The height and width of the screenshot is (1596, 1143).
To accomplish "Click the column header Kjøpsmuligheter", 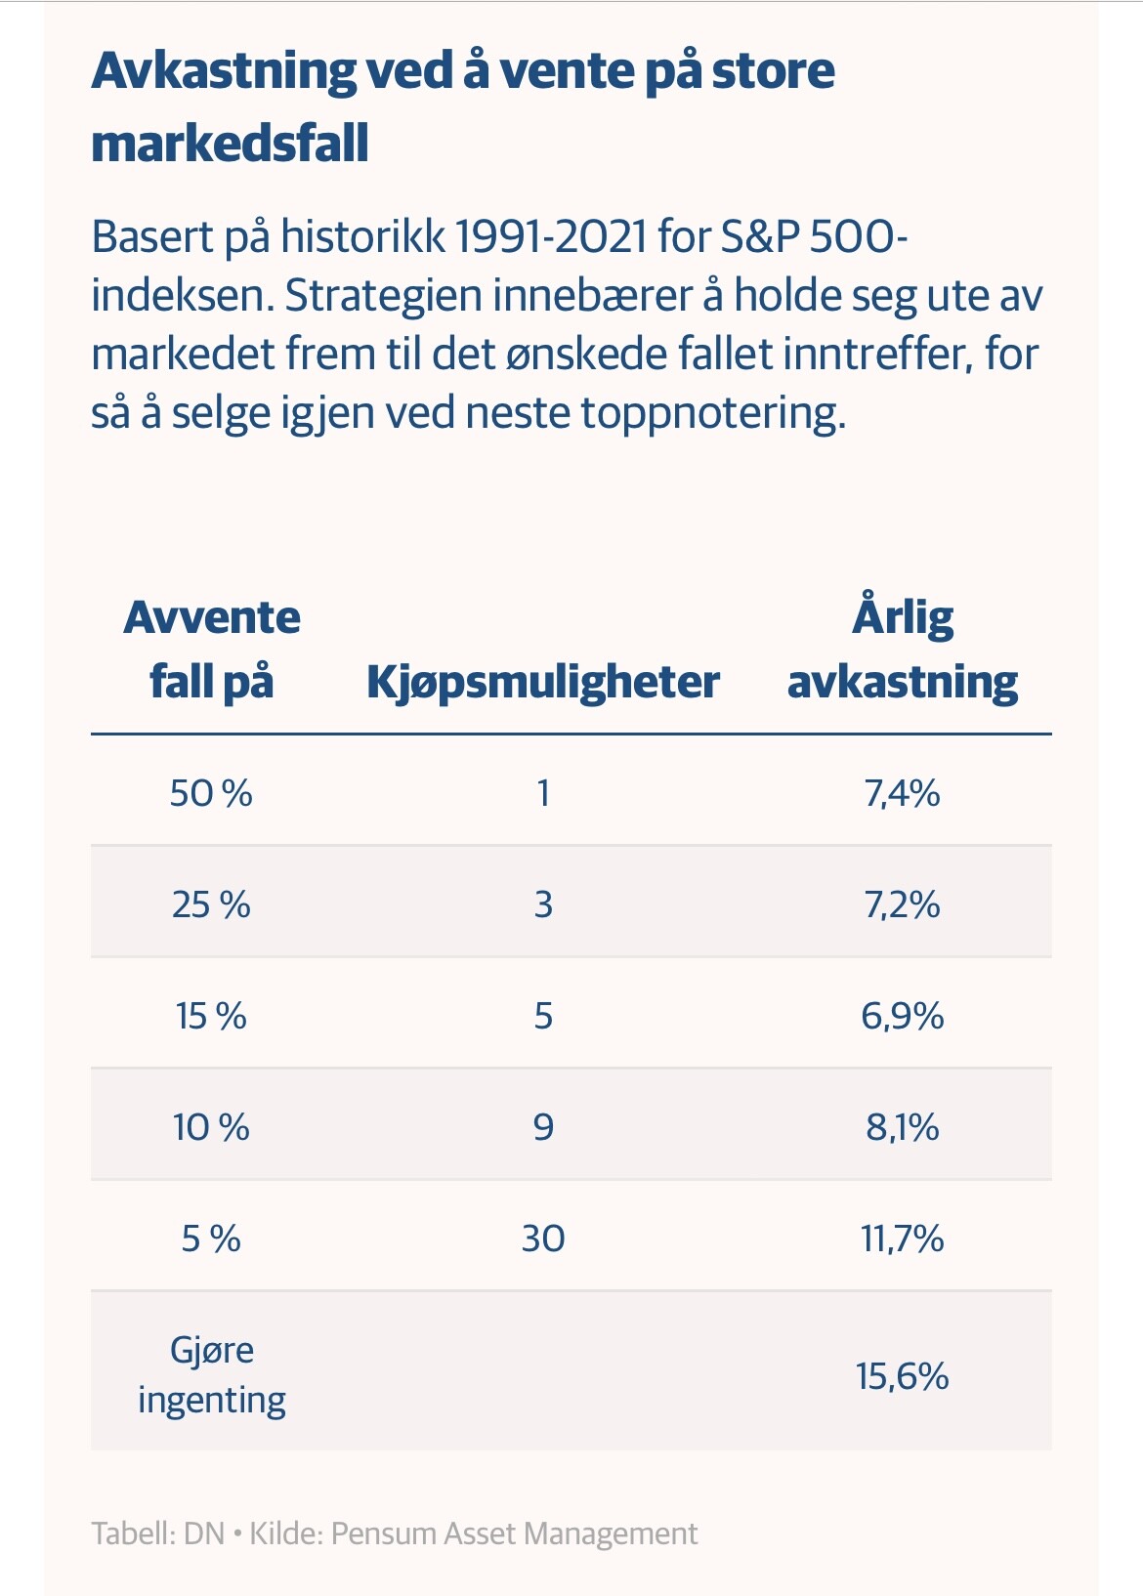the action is click(543, 684).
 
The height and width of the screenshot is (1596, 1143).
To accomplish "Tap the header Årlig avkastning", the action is click(902, 649).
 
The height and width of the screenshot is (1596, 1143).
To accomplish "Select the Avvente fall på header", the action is click(212, 650).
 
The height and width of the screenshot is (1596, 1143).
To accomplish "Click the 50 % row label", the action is click(211, 793).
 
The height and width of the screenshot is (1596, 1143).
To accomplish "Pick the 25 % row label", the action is click(211, 904).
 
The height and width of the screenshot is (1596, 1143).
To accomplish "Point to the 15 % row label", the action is click(211, 1016).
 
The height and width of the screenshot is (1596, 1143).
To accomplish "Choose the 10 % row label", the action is click(211, 1128).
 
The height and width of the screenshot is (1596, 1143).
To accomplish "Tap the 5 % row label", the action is click(211, 1239).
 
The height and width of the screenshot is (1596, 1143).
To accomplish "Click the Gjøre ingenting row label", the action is click(212, 1376).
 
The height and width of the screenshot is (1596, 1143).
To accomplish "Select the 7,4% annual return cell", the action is click(902, 793).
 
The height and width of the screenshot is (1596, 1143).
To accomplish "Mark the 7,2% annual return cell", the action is click(902, 904).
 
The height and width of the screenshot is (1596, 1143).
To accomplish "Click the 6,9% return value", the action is click(902, 1016).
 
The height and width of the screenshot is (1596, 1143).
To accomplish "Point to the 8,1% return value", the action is click(902, 1128).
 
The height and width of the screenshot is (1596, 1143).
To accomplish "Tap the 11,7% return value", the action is click(902, 1239).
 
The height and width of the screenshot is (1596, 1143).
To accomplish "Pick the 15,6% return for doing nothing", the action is click(902, 1376).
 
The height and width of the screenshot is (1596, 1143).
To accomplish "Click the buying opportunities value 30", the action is click(543, 1239).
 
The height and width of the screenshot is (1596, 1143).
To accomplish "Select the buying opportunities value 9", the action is click(543, 1128).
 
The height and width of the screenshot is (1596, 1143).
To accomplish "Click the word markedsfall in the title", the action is click(231, 143).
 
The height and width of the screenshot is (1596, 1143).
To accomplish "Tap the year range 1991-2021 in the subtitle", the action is click(551, 236).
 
